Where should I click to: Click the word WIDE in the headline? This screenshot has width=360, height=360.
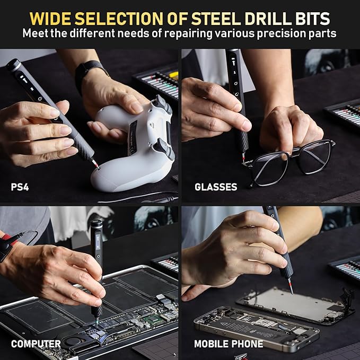[x=51, y=19]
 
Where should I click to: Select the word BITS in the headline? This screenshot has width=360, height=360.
[x=312, y=19]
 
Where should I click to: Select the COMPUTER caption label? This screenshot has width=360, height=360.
[x=36, y=344]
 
